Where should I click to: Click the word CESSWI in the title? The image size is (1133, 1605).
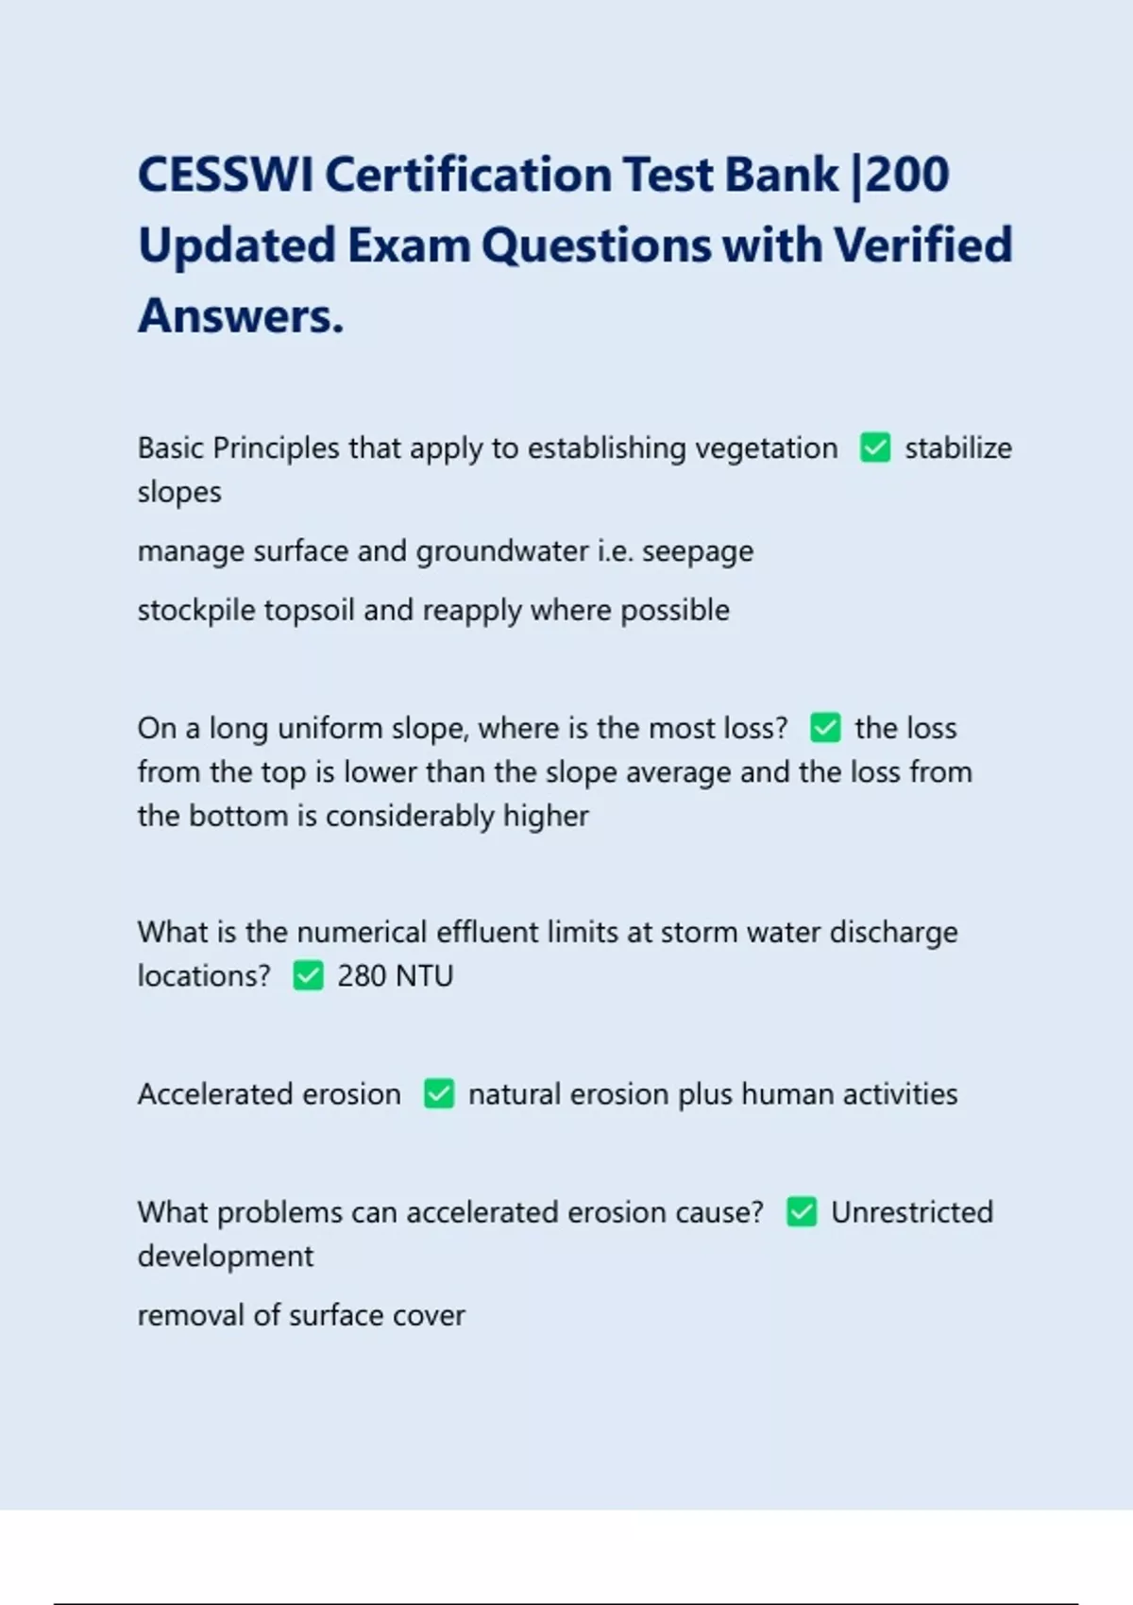225,176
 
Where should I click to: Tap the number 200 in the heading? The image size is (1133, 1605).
907,176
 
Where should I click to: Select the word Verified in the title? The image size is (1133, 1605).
922,245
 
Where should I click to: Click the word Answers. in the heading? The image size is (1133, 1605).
241,316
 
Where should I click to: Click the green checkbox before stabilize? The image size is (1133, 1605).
875,448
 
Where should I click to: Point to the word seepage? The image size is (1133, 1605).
698,551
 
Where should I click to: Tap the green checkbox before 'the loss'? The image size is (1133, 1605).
825,728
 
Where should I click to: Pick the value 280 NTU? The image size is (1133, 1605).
395,975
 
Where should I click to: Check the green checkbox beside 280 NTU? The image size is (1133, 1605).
308,975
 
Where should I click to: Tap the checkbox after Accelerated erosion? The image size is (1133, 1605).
439,1093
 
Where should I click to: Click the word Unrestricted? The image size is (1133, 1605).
911,1212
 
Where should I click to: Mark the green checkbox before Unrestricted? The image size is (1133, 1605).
802,1212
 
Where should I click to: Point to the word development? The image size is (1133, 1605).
225,1257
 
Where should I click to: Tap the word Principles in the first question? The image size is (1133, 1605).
276,448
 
